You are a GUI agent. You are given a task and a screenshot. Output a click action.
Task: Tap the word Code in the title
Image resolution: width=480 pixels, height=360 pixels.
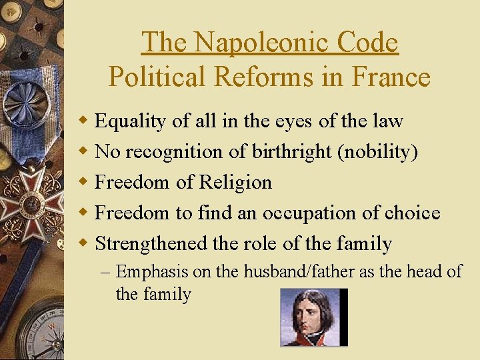[x=367, y=43]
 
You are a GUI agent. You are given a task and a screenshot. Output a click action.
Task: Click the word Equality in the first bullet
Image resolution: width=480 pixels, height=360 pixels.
[x=131, y=121]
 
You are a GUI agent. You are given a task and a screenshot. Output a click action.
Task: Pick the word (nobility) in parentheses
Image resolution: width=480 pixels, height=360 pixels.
[x=378, y=152]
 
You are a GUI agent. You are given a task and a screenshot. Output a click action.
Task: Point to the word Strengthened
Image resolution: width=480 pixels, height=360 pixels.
[x=151, y=243]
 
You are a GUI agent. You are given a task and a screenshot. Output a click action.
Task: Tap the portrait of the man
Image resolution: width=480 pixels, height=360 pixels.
[x=313, y=317]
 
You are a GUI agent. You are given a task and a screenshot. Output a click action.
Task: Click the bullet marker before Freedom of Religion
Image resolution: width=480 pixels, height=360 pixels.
[x=84, y=182]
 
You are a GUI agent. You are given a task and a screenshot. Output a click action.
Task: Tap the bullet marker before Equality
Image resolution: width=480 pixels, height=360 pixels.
[x=84, y=121]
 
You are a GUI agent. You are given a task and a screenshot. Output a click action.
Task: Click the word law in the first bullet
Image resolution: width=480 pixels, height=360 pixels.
[x=389, y=121]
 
